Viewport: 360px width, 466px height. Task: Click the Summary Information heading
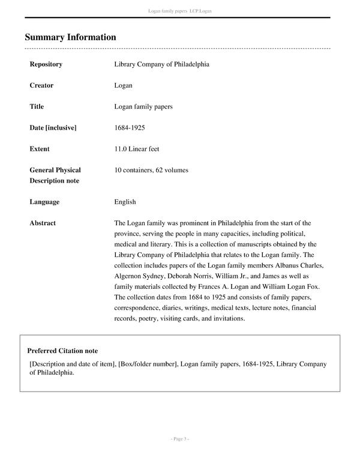coord(70,37)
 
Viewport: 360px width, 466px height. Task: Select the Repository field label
coord(46,64)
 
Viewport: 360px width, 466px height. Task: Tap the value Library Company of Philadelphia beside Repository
coord(161,64)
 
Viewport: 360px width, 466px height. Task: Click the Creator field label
coord(41,85)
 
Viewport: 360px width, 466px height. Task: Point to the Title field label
coord(37,106)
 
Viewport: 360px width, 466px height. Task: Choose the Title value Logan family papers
coord(143,106)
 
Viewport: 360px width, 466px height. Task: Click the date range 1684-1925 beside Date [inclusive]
coord(130,128)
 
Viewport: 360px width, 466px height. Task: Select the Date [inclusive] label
coord(53,128)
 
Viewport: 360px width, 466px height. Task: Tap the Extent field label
coord(40,149)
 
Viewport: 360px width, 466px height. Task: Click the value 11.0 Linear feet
coord(137,149)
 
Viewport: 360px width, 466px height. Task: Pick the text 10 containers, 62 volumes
coord(151,170)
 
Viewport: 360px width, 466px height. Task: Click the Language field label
coord(44,202)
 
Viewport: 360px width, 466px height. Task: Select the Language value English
coord(125,202)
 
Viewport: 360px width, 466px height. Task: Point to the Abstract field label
coord(43,223)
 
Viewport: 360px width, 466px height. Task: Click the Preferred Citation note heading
coord(62,351)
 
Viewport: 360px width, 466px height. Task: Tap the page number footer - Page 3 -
coord(179,439)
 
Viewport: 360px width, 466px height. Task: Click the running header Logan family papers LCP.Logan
coord(179,11)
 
